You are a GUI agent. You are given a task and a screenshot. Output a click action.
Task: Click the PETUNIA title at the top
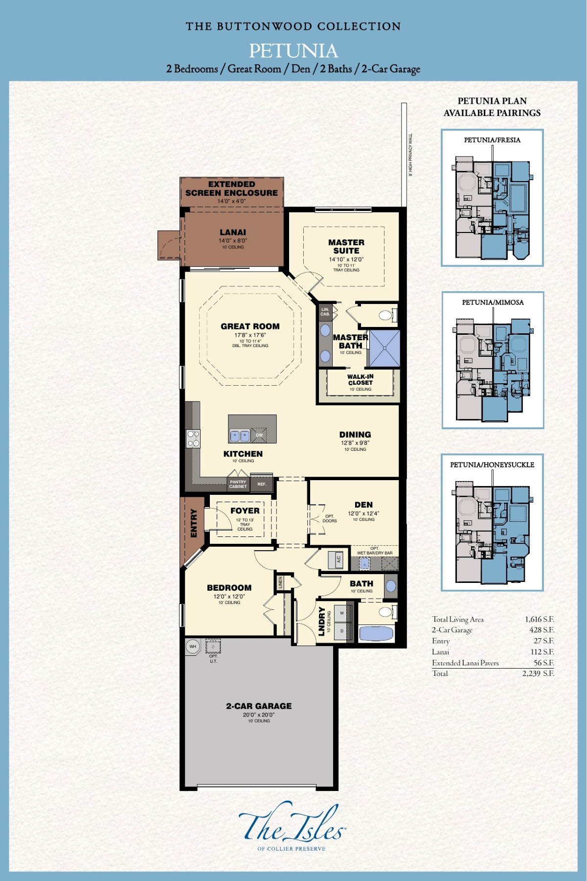(293, 51)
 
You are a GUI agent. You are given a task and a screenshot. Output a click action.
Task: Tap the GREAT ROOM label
(250, 326)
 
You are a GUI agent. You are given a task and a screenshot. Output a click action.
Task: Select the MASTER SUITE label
(346, 246)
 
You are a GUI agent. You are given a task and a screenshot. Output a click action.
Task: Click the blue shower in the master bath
(384, 348)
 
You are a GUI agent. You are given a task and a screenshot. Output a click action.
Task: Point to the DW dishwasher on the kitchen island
(259, 435)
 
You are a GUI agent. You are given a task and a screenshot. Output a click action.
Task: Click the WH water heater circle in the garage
(193, 647)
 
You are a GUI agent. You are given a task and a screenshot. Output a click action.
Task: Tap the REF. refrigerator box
(262, 484)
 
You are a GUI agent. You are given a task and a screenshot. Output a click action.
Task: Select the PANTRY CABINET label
(238, 484)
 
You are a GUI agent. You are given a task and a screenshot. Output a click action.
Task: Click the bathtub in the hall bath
(376, 634)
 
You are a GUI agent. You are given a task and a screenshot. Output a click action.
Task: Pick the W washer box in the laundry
(342, 613)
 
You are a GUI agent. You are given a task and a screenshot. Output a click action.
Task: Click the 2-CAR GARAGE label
(259, 706)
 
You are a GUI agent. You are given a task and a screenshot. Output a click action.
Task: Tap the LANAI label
(233, 232)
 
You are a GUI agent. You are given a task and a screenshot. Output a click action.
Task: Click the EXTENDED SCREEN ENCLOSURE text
(231, 188)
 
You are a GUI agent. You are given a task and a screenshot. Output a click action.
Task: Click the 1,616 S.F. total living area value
(539, 619)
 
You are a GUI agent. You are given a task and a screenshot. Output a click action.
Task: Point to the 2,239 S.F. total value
(538, 673)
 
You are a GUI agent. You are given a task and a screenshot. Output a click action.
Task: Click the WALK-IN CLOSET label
(361, 380)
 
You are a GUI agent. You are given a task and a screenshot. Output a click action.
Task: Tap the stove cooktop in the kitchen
(193, 438)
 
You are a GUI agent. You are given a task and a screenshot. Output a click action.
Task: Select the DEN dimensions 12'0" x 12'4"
(363, 513)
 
